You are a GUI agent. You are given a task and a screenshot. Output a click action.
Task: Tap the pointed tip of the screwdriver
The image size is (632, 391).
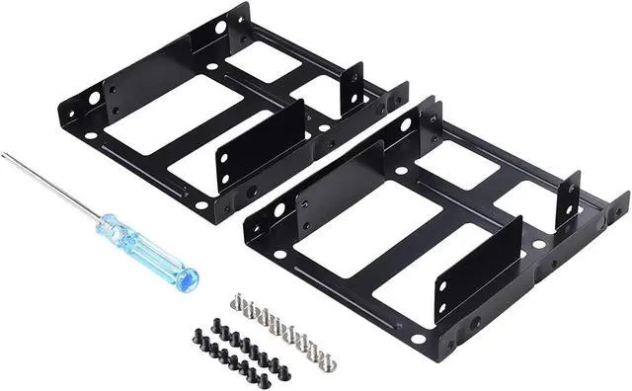click(x=4, y=156)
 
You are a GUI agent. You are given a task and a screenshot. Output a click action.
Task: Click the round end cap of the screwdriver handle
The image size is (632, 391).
click(x=188, y=277)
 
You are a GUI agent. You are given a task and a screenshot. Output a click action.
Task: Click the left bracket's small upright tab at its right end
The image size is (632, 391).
click(x=353, y=89)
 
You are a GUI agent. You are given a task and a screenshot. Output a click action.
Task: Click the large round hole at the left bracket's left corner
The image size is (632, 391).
click(x=94, y=99)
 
